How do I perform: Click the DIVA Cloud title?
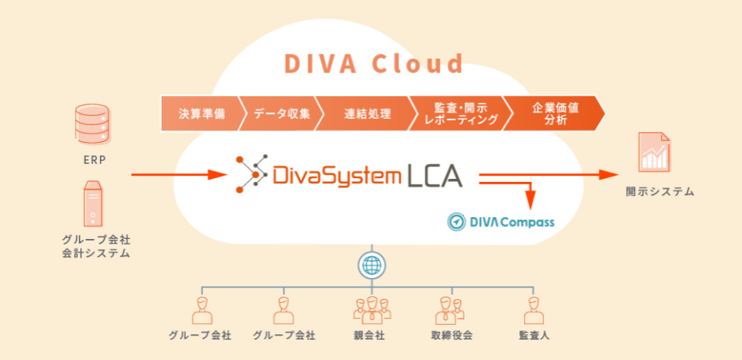373,62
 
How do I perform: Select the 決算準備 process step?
200,114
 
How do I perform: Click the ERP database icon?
91,124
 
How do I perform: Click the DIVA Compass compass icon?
457,222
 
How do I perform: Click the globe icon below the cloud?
371,266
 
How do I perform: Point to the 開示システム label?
659,191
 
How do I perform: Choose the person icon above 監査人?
535,310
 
